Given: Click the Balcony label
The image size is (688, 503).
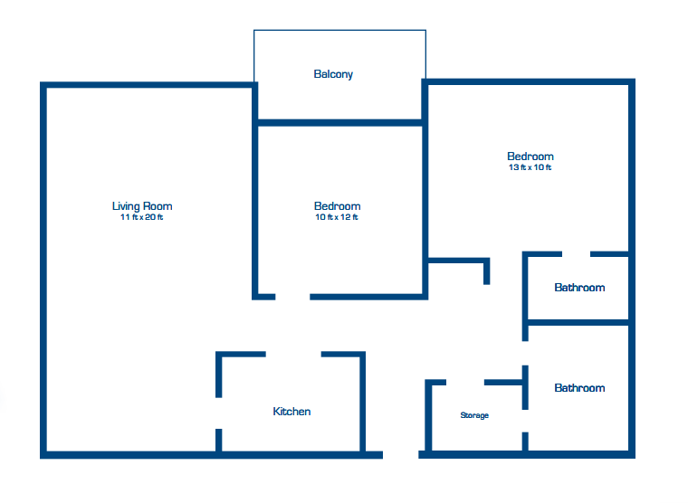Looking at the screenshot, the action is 333,74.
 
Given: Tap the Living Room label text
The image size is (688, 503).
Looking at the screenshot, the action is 142,205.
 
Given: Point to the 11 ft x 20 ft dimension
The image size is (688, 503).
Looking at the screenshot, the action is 142,217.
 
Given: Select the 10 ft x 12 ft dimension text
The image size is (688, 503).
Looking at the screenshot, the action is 337,217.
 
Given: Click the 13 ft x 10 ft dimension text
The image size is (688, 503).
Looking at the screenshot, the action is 530,167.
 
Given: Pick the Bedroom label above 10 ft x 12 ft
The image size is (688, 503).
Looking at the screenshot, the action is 338,205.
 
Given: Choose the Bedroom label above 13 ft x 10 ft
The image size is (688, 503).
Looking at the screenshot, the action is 530,157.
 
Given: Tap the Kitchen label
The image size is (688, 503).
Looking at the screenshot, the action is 291,412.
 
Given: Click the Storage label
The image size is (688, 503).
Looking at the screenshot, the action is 474,415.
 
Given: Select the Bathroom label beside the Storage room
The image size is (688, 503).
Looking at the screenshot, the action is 579,388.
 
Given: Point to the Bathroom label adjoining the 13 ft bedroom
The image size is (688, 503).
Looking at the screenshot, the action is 579,288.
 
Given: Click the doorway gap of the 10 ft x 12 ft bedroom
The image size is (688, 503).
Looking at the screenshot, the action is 292,297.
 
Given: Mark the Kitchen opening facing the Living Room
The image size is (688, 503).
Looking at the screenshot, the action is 218,413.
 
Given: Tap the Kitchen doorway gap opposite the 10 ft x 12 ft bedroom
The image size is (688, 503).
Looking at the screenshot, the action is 293,354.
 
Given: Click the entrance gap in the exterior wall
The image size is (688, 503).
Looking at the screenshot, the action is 401,455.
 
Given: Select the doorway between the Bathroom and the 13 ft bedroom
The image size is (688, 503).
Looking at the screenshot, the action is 576,254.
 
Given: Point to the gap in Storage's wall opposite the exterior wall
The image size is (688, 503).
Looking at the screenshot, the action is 465,383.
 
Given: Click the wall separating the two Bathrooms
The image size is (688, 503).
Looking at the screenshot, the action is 578,322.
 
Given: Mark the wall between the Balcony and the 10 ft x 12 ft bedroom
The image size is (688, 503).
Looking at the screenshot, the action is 340,123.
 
